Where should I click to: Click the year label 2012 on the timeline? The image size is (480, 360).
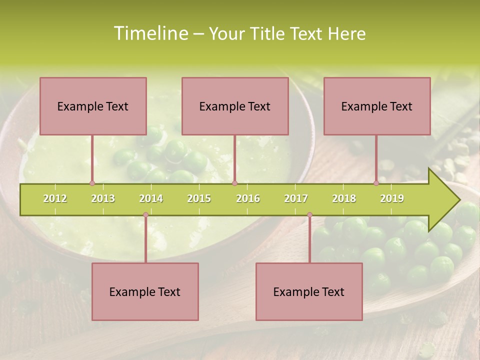click(55, 198)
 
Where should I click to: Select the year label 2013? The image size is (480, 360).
click(103, 198)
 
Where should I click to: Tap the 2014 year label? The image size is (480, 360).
click(151, 198)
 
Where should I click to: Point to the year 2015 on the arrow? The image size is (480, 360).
click(199, 198)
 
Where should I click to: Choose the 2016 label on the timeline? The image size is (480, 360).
click(248, 198)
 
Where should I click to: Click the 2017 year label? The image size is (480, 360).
click(296, 198)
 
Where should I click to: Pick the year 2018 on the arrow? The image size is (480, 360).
click(344, 198)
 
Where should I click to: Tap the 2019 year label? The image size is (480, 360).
click(392, 198)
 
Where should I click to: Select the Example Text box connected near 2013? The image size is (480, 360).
click(93, 106)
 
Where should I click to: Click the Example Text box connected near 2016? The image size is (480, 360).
click(235, 106)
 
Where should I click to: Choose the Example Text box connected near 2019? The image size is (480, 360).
click(377, 106)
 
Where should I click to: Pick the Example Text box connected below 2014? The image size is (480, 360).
click(145, 291)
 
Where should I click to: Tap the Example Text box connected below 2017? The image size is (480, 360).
click(309, 291)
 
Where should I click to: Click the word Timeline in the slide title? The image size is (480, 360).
click(150, 33)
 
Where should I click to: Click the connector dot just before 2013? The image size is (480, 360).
click(92, 183)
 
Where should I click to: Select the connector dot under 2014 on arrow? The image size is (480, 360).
click(145, 215)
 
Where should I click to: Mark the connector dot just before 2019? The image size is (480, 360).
click(376, 183)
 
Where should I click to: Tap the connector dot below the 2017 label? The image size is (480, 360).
click(309, 215)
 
